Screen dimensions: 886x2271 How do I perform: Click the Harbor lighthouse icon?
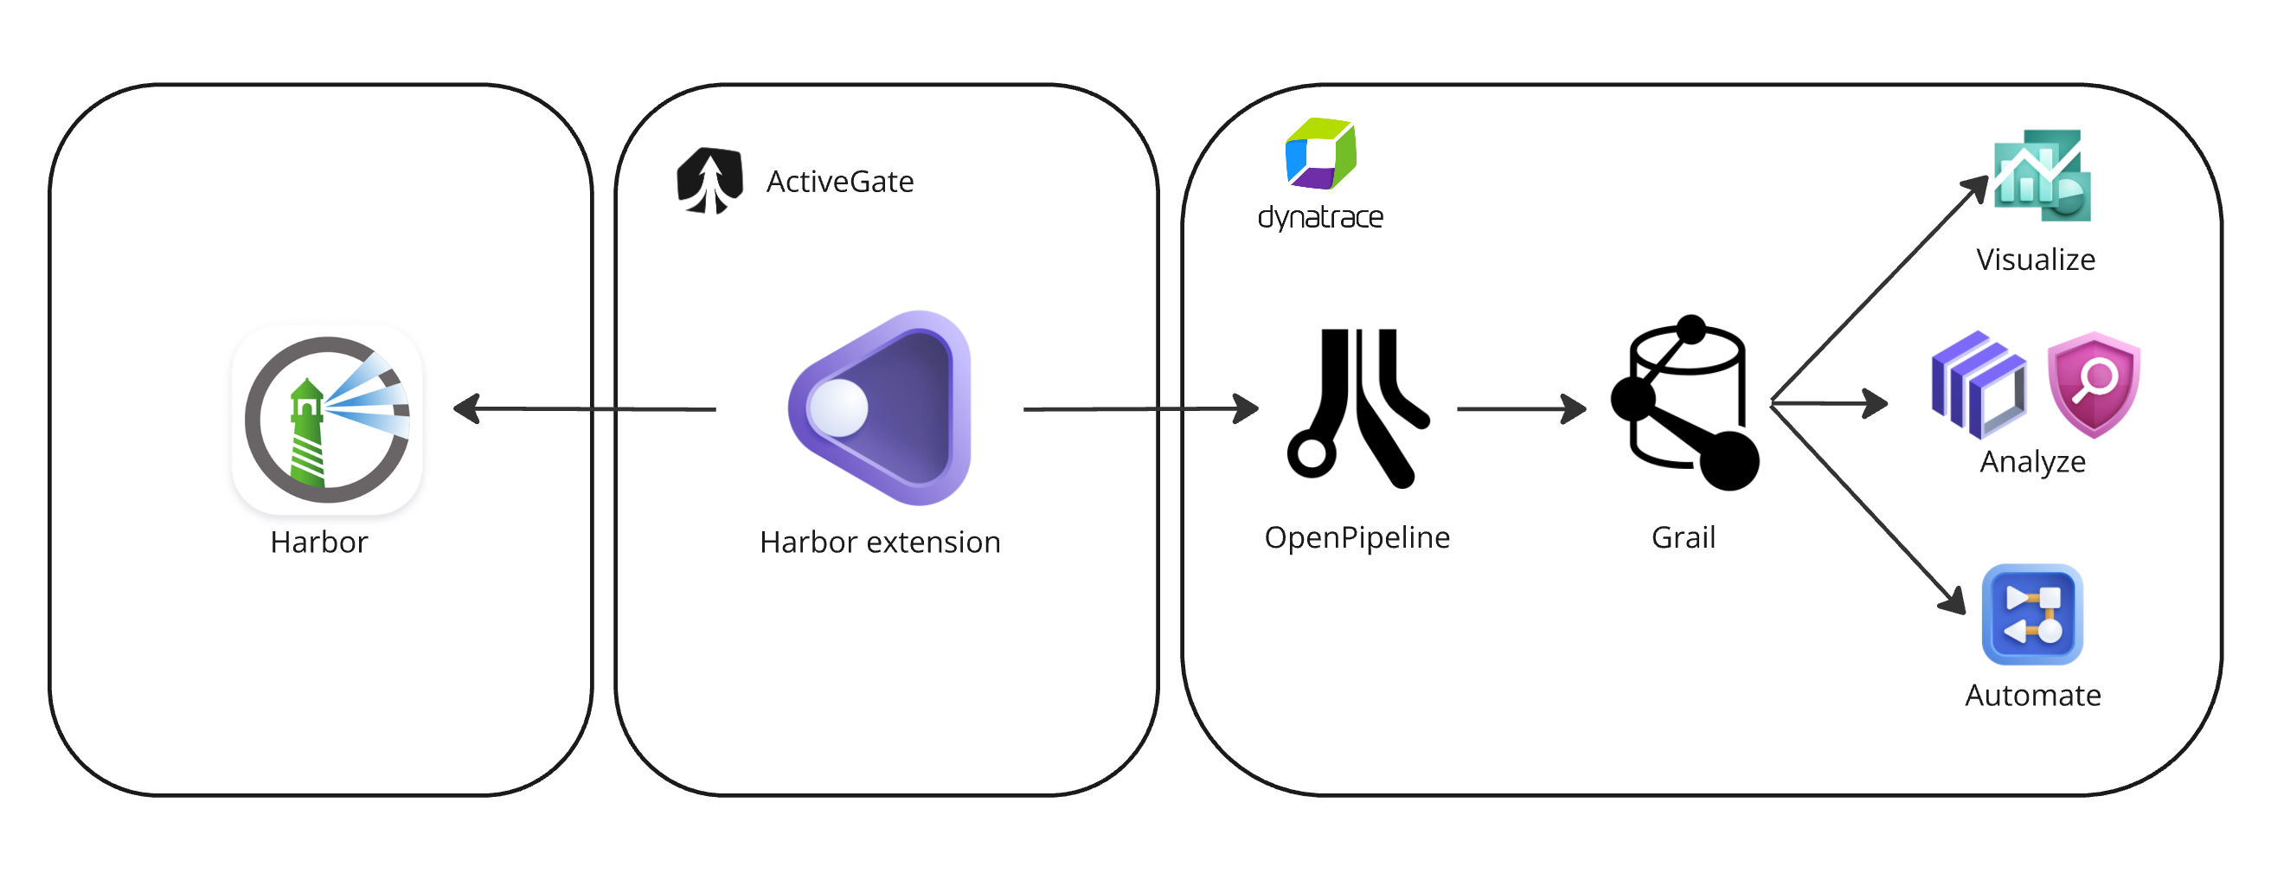[x=327, y=420]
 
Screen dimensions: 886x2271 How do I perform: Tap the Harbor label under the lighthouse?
[x=319, y=543]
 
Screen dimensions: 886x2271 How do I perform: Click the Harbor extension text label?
[x=880, y=543]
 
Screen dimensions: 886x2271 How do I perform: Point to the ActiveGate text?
[x=839, y=182]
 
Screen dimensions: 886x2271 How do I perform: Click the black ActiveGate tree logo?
[x=709, y=181]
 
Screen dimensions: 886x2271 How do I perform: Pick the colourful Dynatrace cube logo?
[x=1319, y=154]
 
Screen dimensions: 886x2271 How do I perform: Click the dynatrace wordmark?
[x=1319, y=217]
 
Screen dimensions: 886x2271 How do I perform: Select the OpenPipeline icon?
[x=1356, y=408]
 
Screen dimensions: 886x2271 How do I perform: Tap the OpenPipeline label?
[x=1357, y=538]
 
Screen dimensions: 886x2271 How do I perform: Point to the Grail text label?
[x=1683, y=538]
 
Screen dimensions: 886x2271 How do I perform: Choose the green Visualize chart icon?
[x=2042, y=177]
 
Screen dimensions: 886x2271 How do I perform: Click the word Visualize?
[x=2035, y=260]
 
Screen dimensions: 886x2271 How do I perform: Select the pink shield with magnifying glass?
[x=2094, y=384]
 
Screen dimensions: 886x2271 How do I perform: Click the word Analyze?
[x=2032, y=462]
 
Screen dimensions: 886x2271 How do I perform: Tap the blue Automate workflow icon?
[x=2032, y=614]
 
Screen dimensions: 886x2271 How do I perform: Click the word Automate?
[x=2032, y=696]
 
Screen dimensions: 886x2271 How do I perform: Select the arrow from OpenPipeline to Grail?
[x=1521, y=409]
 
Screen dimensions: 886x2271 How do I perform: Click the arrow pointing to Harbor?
[x=582, y=409]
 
